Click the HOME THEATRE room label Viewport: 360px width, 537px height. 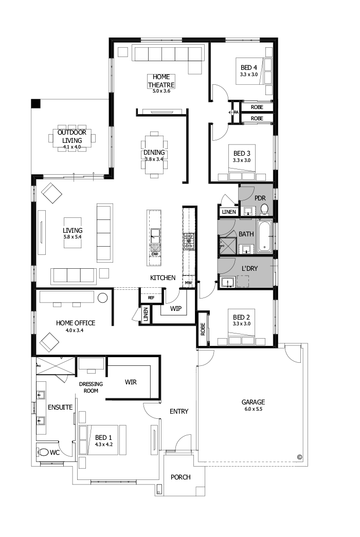[x=161, y=81]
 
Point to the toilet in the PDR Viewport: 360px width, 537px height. [x=264, y=209]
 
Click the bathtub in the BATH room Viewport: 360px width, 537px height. [x=265, y=236]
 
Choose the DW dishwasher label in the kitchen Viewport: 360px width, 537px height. [x=155, y=254]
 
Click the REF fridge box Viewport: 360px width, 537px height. [x=151, y=298]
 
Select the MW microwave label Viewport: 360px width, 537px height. [x=188, y=283]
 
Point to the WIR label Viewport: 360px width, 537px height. [x=131, y=382]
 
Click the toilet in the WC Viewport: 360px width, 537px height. [x=44, y=453]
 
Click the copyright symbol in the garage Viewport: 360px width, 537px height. [x=299, y=456]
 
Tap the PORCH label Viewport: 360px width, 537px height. [x=181, y=477]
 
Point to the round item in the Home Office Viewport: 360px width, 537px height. [x=102, y=298]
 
